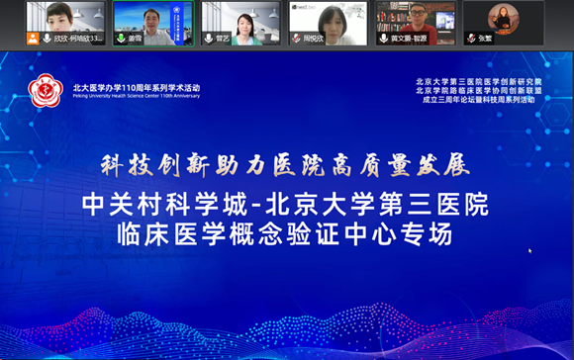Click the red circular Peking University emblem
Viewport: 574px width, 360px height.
point(46,91)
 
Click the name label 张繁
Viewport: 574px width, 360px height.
point(485,39)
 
